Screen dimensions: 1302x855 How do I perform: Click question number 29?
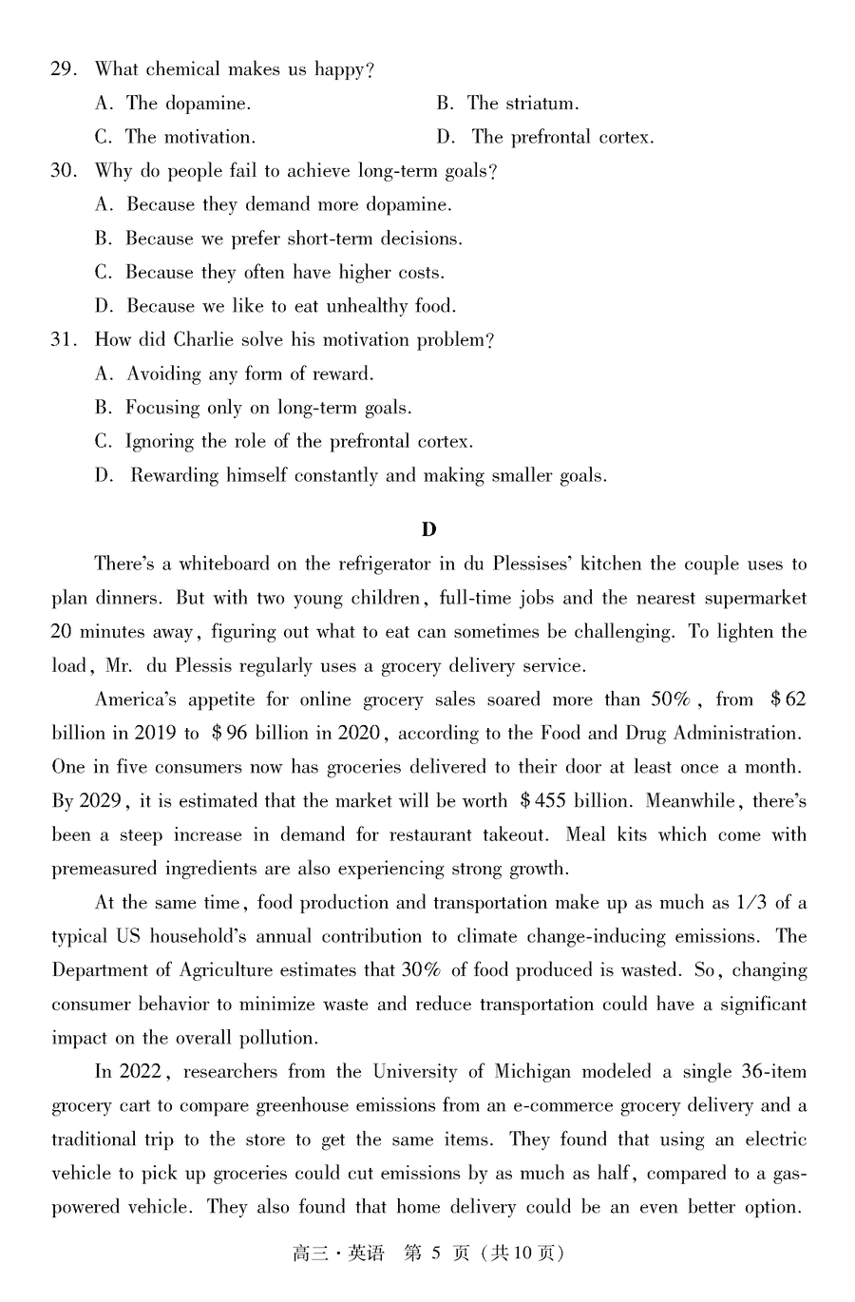click(63, 69)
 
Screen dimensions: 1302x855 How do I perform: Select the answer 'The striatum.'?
click(522, 104)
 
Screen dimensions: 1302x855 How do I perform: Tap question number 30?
click(63, 171)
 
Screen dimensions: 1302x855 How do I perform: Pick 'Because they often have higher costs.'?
click(284, 273)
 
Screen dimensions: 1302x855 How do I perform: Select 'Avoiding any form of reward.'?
click(250, 374)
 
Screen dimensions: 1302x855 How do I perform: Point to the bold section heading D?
click(428, 529)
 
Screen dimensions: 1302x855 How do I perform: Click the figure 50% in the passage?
click(670, 699)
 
